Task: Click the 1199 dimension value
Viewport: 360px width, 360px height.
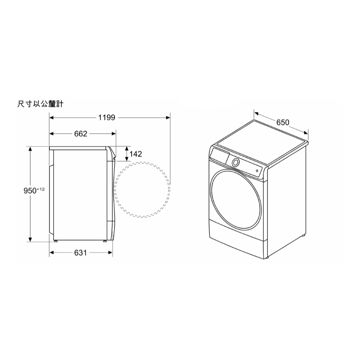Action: [106, 117]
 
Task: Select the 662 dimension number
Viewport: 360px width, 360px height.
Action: [81, 134]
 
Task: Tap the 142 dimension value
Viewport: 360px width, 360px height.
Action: [135, 154]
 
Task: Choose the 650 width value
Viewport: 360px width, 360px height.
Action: [283, 122]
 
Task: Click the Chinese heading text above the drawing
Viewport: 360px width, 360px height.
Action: [40, 104]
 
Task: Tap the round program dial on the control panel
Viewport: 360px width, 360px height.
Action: [235, 162]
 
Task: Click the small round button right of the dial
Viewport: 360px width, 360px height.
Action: [257, 171]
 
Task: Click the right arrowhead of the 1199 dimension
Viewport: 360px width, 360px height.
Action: [168, 117]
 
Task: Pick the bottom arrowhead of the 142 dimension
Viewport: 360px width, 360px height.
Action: [127, 159]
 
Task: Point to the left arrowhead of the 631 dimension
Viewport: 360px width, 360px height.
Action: [52, 253]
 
